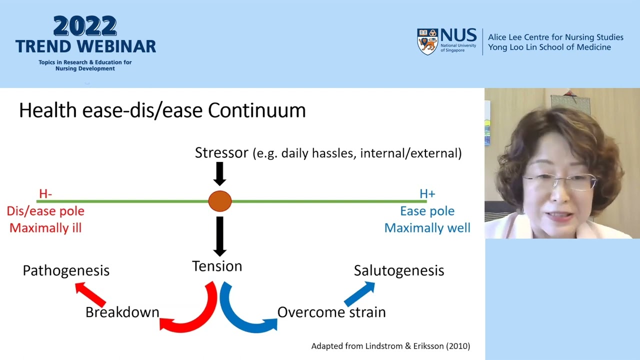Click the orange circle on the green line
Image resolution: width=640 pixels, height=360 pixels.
(x=220, y=201)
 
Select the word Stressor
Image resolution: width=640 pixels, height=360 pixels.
(x=221, y=152)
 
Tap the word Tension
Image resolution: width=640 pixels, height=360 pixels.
(x=217, y=266)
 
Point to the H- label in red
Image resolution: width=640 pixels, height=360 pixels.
(x=45, y=193)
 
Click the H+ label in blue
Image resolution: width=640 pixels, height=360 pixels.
(x=427, y=193)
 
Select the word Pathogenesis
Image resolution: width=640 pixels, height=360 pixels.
(x=66, y=270)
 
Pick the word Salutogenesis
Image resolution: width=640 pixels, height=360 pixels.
(x=398, y=270)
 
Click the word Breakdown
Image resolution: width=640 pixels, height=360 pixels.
(x=122, y=312)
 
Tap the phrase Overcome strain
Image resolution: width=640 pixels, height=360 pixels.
(x=331, y=312)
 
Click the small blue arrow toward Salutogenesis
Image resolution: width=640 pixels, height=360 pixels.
(x=359, y=293)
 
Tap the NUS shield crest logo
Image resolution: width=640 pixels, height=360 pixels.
(x=427, y=41)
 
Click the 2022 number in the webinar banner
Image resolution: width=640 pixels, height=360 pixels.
(x=85, y=26)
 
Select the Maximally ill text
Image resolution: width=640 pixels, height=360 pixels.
(x=45, y=228)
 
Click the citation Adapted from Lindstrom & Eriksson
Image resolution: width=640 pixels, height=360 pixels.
(x=390, y=346)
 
